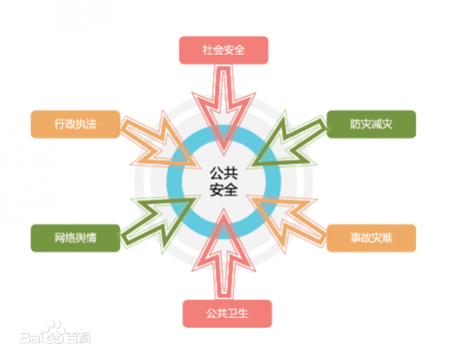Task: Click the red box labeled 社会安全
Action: [x=224, y=50]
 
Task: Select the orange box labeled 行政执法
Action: [x=75, y=124]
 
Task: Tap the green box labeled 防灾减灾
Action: [x=371, y=124]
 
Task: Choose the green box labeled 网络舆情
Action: [x=75, y=238]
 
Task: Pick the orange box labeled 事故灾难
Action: [x=371, y=238]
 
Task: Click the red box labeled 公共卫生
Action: [x=227, y=313]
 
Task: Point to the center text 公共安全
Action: [x=224, y=181]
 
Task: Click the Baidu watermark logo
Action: [x=55, y=334]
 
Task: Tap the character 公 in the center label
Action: [x=216, y=173]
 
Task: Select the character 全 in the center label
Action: [x=231, y=189]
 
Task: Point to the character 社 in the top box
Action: [x=207, y=50]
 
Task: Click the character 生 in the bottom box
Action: [x=243, y=313]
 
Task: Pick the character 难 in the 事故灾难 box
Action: [x=387, y=238]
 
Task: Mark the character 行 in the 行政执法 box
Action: [x=59, y=124]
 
